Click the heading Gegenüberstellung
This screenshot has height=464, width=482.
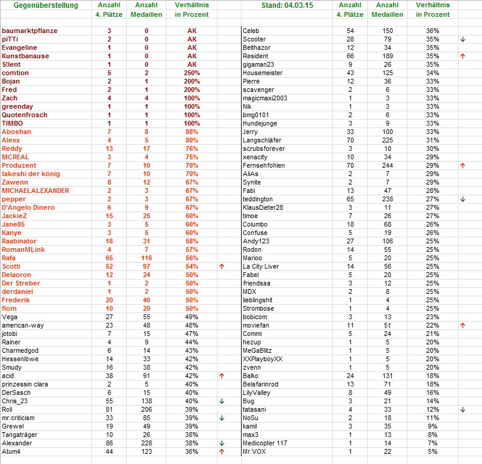click(46, 6)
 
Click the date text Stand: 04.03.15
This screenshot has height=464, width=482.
click(287, 6)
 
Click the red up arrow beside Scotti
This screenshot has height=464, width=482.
click(222, 266)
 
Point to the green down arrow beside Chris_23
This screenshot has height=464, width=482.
click(222, 401)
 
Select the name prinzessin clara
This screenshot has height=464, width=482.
click(28, 384)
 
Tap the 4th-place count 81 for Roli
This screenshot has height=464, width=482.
click(109, 409)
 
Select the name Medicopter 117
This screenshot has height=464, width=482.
click(266, 443)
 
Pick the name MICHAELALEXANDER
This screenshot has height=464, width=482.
click(35, 191)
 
